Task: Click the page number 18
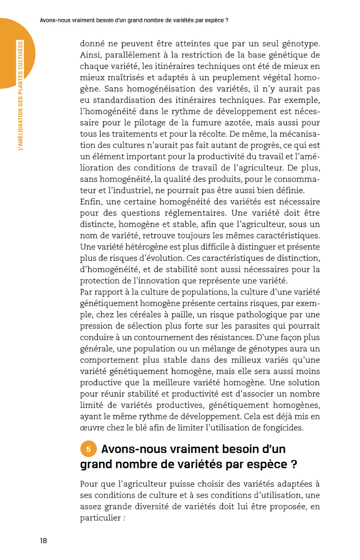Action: pos(43,541)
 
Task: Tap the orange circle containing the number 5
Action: pos(89,449)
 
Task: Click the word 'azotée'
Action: pos(260,123)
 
